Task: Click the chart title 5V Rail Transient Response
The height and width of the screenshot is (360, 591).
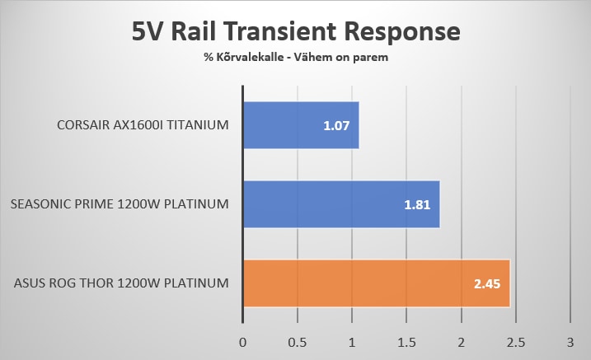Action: tap(296, 32)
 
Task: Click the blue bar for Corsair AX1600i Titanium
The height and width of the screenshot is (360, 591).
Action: tap(301, 125)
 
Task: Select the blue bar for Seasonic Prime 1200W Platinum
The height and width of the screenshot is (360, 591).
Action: tap(341, 203)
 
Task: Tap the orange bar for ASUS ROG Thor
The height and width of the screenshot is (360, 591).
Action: tap(376, 283)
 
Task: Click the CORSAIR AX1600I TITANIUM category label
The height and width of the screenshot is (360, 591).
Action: tap(143, 125)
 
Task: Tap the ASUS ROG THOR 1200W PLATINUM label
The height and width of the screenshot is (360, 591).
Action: tap(121, 283)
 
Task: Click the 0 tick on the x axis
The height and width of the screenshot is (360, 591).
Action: tap(242, 341)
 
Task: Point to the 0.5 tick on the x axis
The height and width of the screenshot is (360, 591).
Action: tap(297, 341)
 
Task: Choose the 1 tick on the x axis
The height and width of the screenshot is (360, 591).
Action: tap(352, 341)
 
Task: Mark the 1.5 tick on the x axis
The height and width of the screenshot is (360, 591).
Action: tap(406, 341)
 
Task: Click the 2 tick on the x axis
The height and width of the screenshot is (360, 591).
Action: tap(461, 341)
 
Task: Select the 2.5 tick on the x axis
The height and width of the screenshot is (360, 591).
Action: tap(515, 341)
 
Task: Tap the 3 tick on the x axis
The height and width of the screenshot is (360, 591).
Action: tap(570, 341)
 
